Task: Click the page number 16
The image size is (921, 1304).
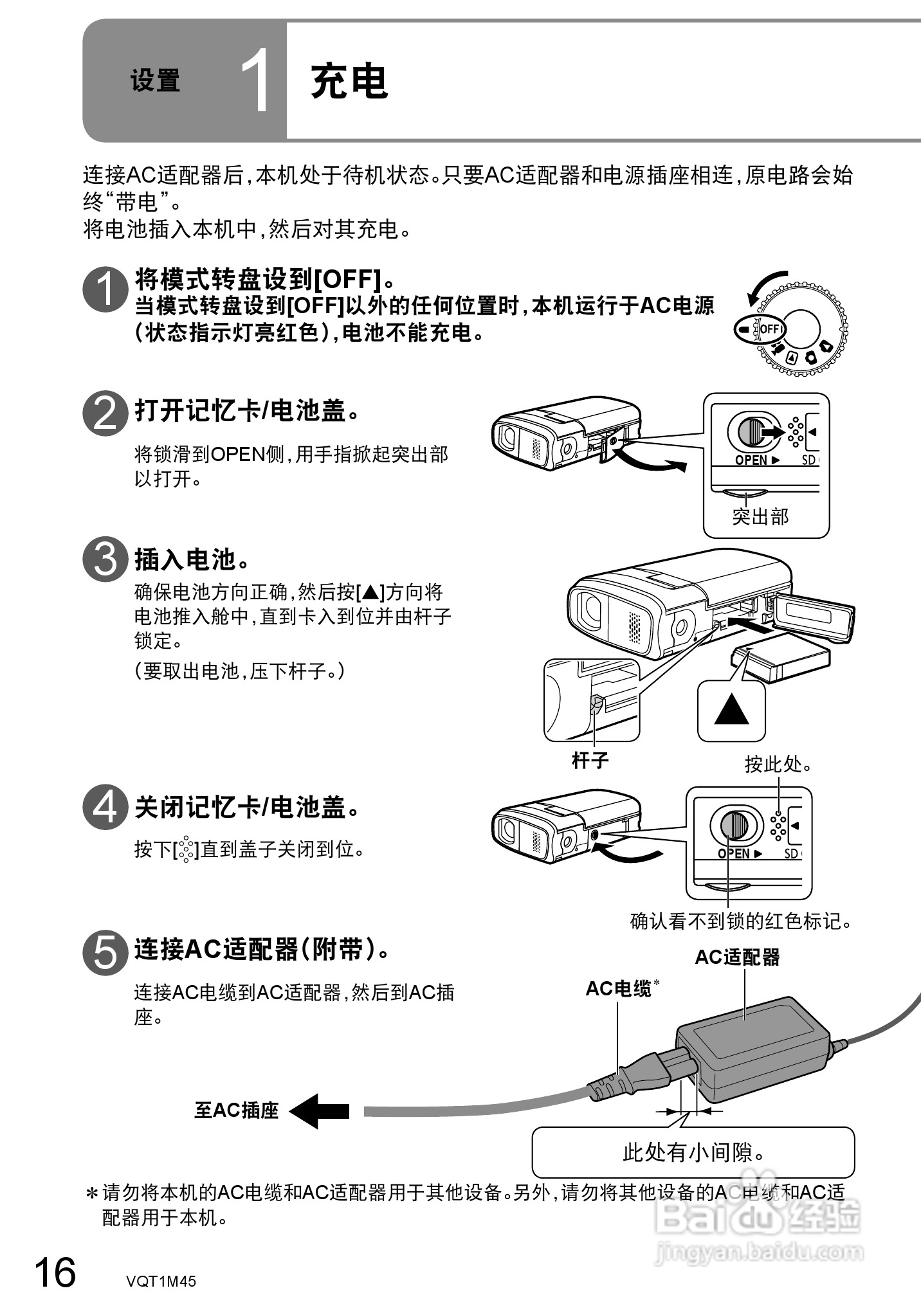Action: pyautogui.click(x=55, y=1272)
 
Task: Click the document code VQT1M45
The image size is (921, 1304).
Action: pyautogui.click(x=161, y=1281)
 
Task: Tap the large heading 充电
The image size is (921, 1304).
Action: pyautogui.click(x=349, y=82)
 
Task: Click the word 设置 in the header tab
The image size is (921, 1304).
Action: pyautogui.click(x=155, y=82)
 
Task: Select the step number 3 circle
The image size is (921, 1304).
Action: pyautogui.click(x=105, y=559)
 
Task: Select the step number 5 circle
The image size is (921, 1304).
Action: pyautogui.click(x=105, y=953)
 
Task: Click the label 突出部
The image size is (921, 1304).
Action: pyautogui.click(x=760, y=516)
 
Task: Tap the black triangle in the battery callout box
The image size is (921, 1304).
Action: pyautogui.click(x=732, y=710)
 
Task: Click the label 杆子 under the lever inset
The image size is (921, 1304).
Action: pyautogui.click(x=590, y=761)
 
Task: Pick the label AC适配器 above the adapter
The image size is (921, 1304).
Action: pyautogui.click(x=737, y=957)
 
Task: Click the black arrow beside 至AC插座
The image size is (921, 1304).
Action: pyautogui.click(x=319, y=1110)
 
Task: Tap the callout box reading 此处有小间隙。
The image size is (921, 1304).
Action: pyautogui.click(x=693, y=1152)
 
